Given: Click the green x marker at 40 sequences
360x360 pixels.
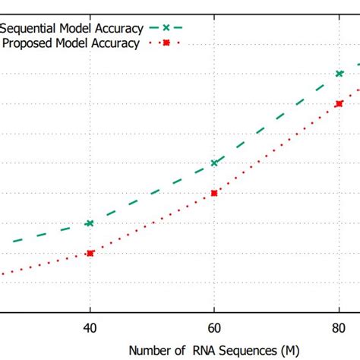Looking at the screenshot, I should tap(90, 223).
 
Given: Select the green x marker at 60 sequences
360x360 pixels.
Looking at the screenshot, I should tap(214, 163).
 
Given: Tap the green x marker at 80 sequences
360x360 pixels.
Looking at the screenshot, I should tap(339, 74).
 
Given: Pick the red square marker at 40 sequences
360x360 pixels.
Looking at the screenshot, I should tap(90, 253).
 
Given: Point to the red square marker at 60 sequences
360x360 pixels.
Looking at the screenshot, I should tap(214, 193).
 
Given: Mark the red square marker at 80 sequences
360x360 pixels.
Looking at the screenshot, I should tap(339, 103).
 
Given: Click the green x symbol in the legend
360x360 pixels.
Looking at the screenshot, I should tap(166, 28).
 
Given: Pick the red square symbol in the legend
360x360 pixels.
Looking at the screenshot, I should tap(166, 43).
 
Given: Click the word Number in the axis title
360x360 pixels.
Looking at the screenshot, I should tap(147, 350).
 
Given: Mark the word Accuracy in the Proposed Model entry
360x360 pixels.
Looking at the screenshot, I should tap(115, 43).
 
